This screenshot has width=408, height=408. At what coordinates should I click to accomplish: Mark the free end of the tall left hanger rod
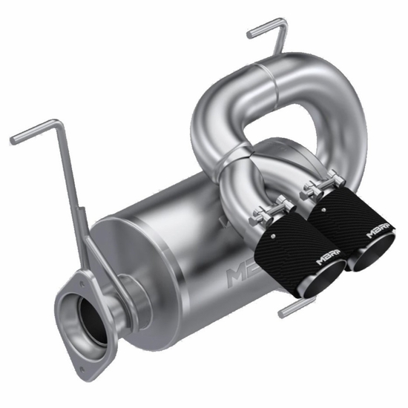tap(15, 138)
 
